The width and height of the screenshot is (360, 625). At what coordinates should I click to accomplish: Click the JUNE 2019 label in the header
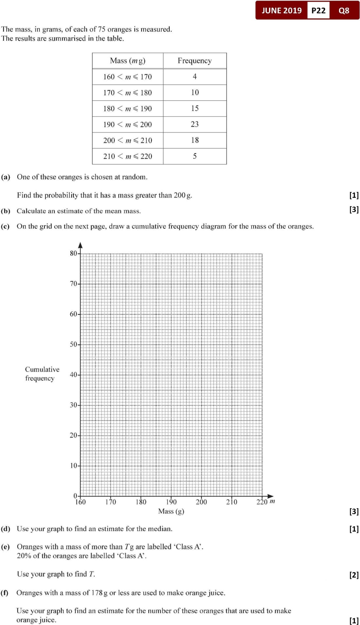click(x=281, y=10)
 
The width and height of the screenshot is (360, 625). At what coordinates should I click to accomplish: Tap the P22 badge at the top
click(x=318, y=10)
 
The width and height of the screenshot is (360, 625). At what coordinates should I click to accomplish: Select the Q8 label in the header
click(x=344, y=10)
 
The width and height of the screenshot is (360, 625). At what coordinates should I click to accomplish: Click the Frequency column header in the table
click(x=194, y=61)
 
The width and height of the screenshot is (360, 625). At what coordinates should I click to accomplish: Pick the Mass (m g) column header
click(x=128, y=61)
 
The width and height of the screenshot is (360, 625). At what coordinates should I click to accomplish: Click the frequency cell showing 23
click(x=194, y=124)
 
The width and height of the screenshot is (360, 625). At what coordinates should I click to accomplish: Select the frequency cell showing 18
click(x=194, y=140)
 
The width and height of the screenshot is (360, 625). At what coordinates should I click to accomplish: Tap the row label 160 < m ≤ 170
click(x=127, y=77)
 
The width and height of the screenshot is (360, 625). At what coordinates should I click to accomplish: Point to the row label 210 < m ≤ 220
click(x=127, y=156)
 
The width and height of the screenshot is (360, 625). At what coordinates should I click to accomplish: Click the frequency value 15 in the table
click(x=194, y=108)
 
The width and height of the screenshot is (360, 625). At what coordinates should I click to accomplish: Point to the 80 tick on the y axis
click(x=73, y=253)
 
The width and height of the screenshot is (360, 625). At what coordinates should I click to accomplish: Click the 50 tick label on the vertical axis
click(x=73, y=344)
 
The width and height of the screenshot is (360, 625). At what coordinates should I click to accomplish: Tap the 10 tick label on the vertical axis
click(x=73, y=465)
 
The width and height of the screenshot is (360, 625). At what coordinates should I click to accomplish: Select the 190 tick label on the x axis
click(x=171, y=502)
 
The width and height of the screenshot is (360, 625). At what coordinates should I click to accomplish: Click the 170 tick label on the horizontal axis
click(x=111, y=502)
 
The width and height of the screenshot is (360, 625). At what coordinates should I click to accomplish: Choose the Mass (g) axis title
click(x=171, y=511)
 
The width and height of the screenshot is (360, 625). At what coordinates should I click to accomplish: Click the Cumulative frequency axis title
click(x=42, y=374)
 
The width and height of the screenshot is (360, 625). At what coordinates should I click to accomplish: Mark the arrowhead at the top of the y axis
click(x=81, y=245)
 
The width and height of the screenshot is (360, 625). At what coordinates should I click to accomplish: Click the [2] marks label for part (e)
click(x=354, y=575)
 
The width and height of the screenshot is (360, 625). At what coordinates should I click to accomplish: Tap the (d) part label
click(x=6, y=529)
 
